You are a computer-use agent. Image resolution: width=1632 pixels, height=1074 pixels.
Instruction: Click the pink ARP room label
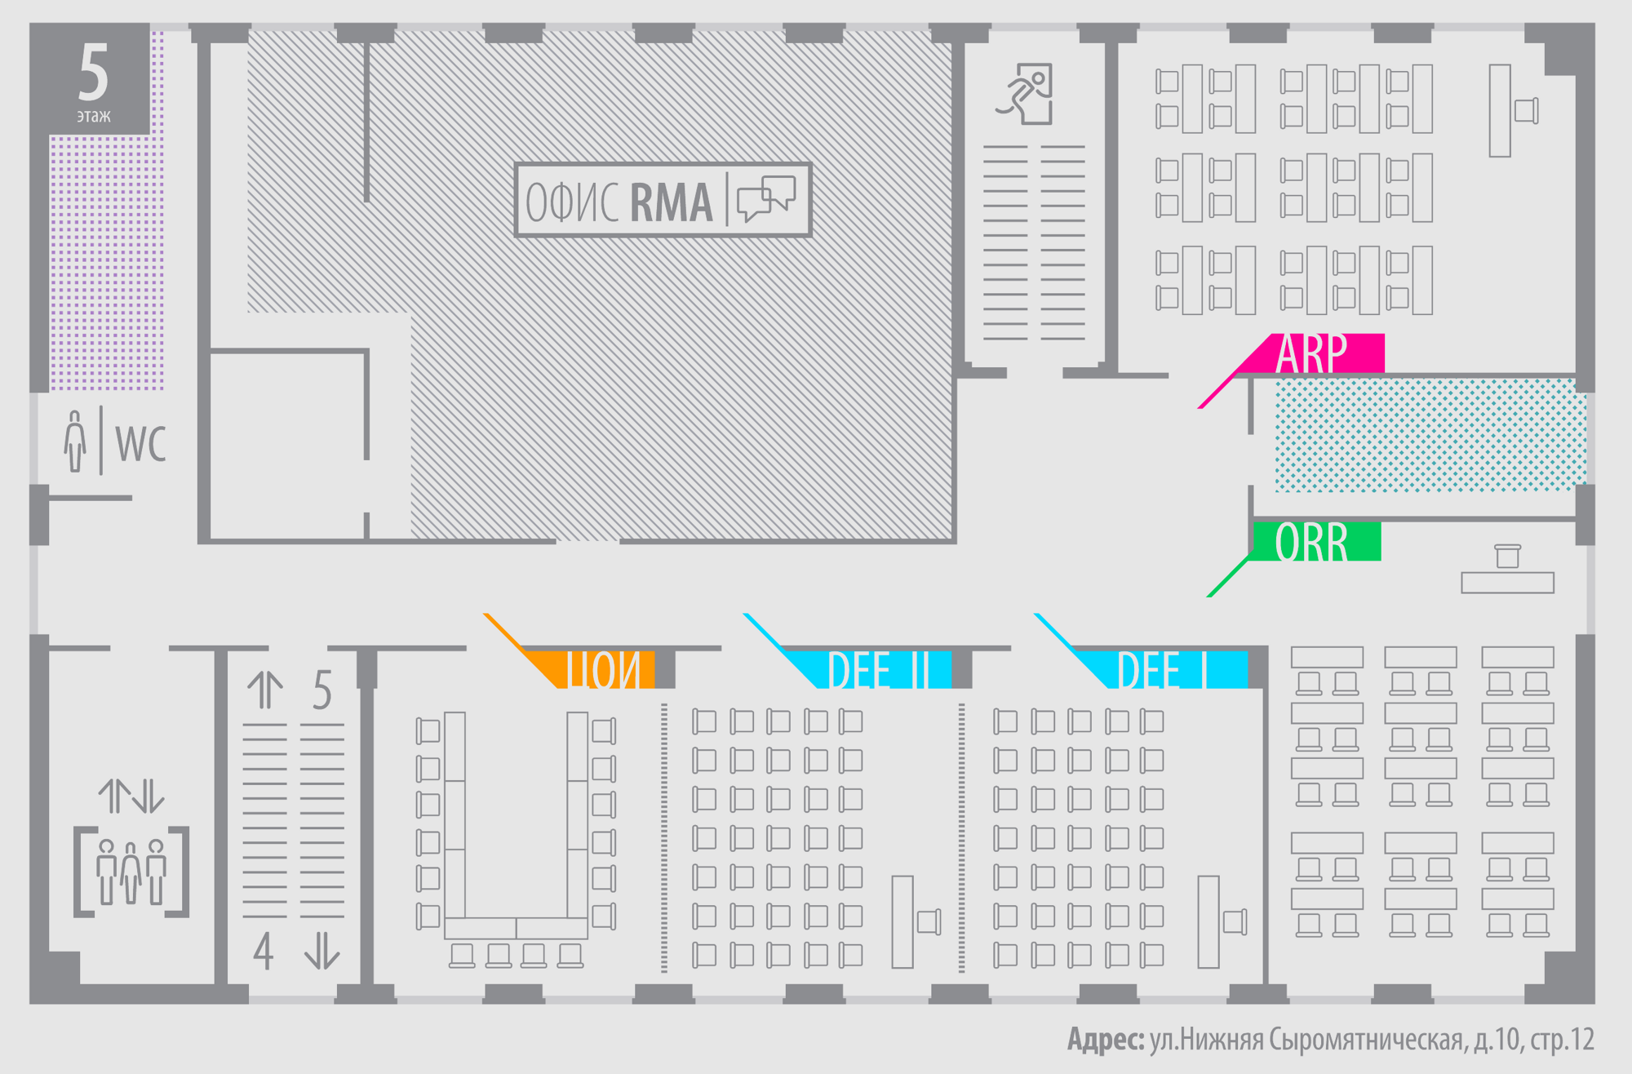click(1311, 353)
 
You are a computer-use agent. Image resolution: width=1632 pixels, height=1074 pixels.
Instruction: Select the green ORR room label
click(1311, 542)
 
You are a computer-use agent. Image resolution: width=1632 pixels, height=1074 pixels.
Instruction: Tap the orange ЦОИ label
click(604, 670)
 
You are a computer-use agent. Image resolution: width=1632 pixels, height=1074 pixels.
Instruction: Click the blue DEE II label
click(878, 670)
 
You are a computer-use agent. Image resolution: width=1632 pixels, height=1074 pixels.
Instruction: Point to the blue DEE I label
click(1163, 670)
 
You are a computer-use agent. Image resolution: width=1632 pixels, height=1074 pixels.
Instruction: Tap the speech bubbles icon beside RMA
click(765, 198)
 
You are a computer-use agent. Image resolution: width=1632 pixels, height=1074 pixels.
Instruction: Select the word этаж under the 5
click(94, 116)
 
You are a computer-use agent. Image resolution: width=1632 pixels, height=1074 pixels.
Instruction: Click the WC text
click(140, 444)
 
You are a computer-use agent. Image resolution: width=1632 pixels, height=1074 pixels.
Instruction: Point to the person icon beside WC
click(75, 442)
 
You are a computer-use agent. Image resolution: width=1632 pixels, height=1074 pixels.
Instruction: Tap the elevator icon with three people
click(131, 872)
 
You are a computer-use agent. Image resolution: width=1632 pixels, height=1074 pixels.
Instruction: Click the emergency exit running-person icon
click(1026, 94)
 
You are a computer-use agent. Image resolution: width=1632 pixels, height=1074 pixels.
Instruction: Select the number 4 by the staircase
click(263, 951)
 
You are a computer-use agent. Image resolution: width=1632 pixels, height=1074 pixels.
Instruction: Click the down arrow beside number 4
click(322, 951)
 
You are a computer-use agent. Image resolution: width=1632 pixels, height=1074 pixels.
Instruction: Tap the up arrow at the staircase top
click(265, 690)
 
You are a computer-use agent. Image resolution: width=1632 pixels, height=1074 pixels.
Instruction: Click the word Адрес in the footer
click(1105, 1040)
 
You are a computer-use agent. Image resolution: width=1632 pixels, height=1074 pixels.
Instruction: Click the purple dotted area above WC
click(106, 261)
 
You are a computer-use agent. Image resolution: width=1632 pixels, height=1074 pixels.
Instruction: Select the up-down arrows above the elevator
click(131, 796)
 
